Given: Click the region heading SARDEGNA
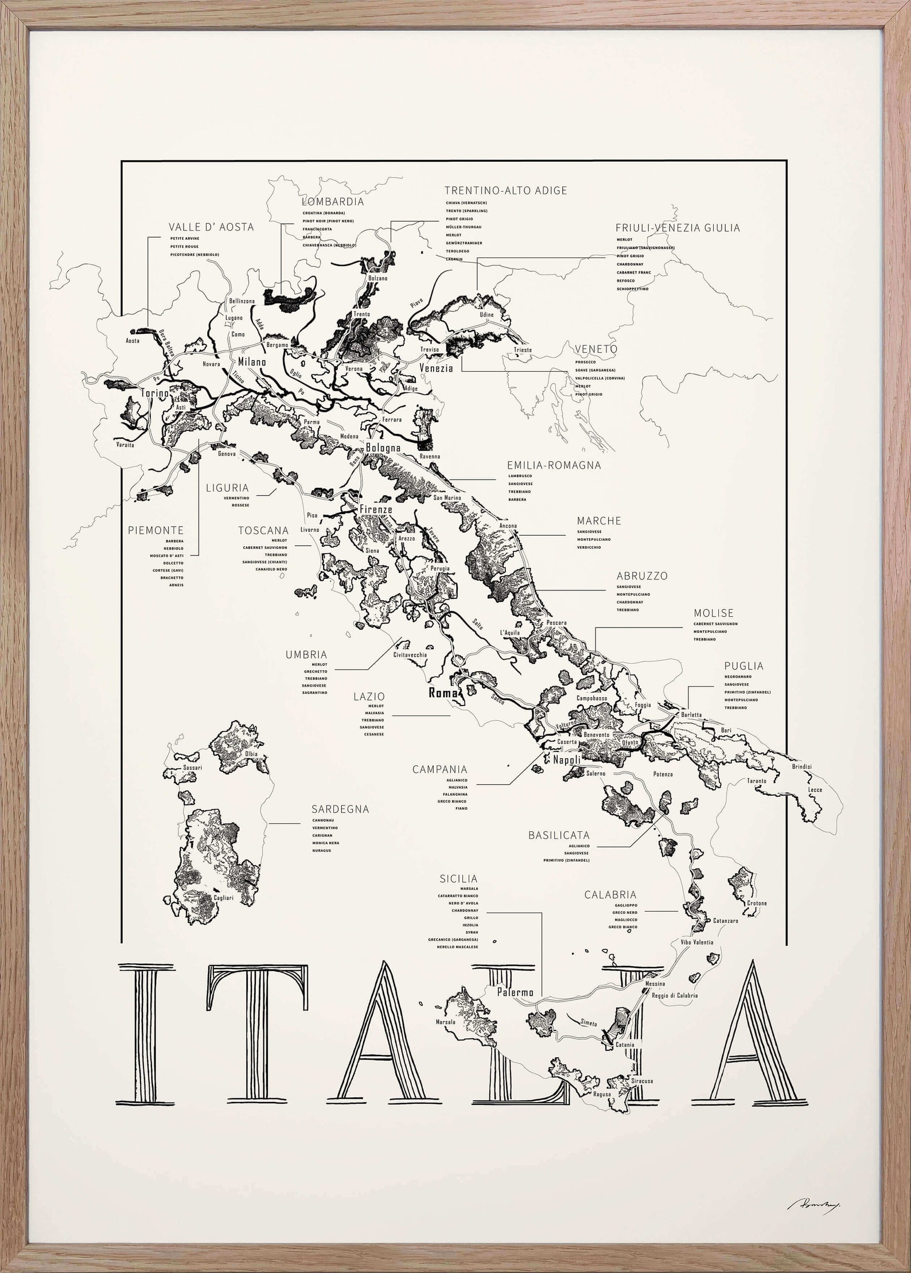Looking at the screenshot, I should pos(340,809).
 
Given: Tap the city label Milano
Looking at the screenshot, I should pos(252,362).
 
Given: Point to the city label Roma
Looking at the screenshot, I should pos(444,694).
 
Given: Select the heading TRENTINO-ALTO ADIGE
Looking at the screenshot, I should pos(505,190).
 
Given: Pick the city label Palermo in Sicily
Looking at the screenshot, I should pos(515,992).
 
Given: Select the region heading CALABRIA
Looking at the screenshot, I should pos(610,894).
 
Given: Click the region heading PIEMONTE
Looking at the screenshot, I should pos(155,531).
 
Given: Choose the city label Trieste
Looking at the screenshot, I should pos(523,350).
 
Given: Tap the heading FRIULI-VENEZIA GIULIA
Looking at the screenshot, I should pos(678,228).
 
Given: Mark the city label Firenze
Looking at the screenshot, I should pos(376,509).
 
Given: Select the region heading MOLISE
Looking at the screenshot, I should pos(713,613).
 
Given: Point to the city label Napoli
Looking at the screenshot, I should pos(567,760).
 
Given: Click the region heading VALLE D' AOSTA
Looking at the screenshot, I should pos(211,227).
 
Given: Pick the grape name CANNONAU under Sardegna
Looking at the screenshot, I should pos(324,820).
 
